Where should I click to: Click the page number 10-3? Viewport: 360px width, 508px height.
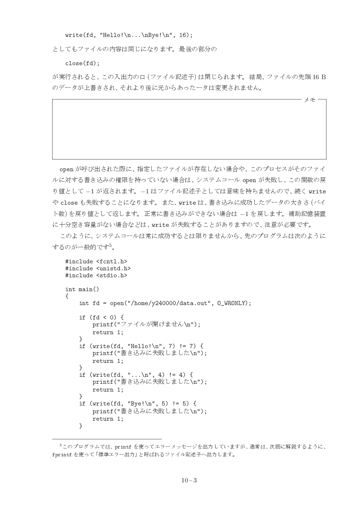click(x=189, y=480)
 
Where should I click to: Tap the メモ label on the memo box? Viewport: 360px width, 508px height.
click(x=310, y=100)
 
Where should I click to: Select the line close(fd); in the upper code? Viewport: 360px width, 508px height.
click(x=82, y=63)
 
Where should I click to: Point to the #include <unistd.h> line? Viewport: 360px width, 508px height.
click(x=97, y=269)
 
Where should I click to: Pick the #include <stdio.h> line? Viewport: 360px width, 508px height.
click(x=96, y=275)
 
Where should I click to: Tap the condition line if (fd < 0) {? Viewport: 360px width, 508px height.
click(x=101, y=317)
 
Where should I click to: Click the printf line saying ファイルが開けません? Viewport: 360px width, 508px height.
click(x=147, y=324)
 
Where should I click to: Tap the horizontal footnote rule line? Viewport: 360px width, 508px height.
click(x=107, y=439)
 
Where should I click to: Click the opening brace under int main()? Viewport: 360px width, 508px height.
click(x=67, y=296)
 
